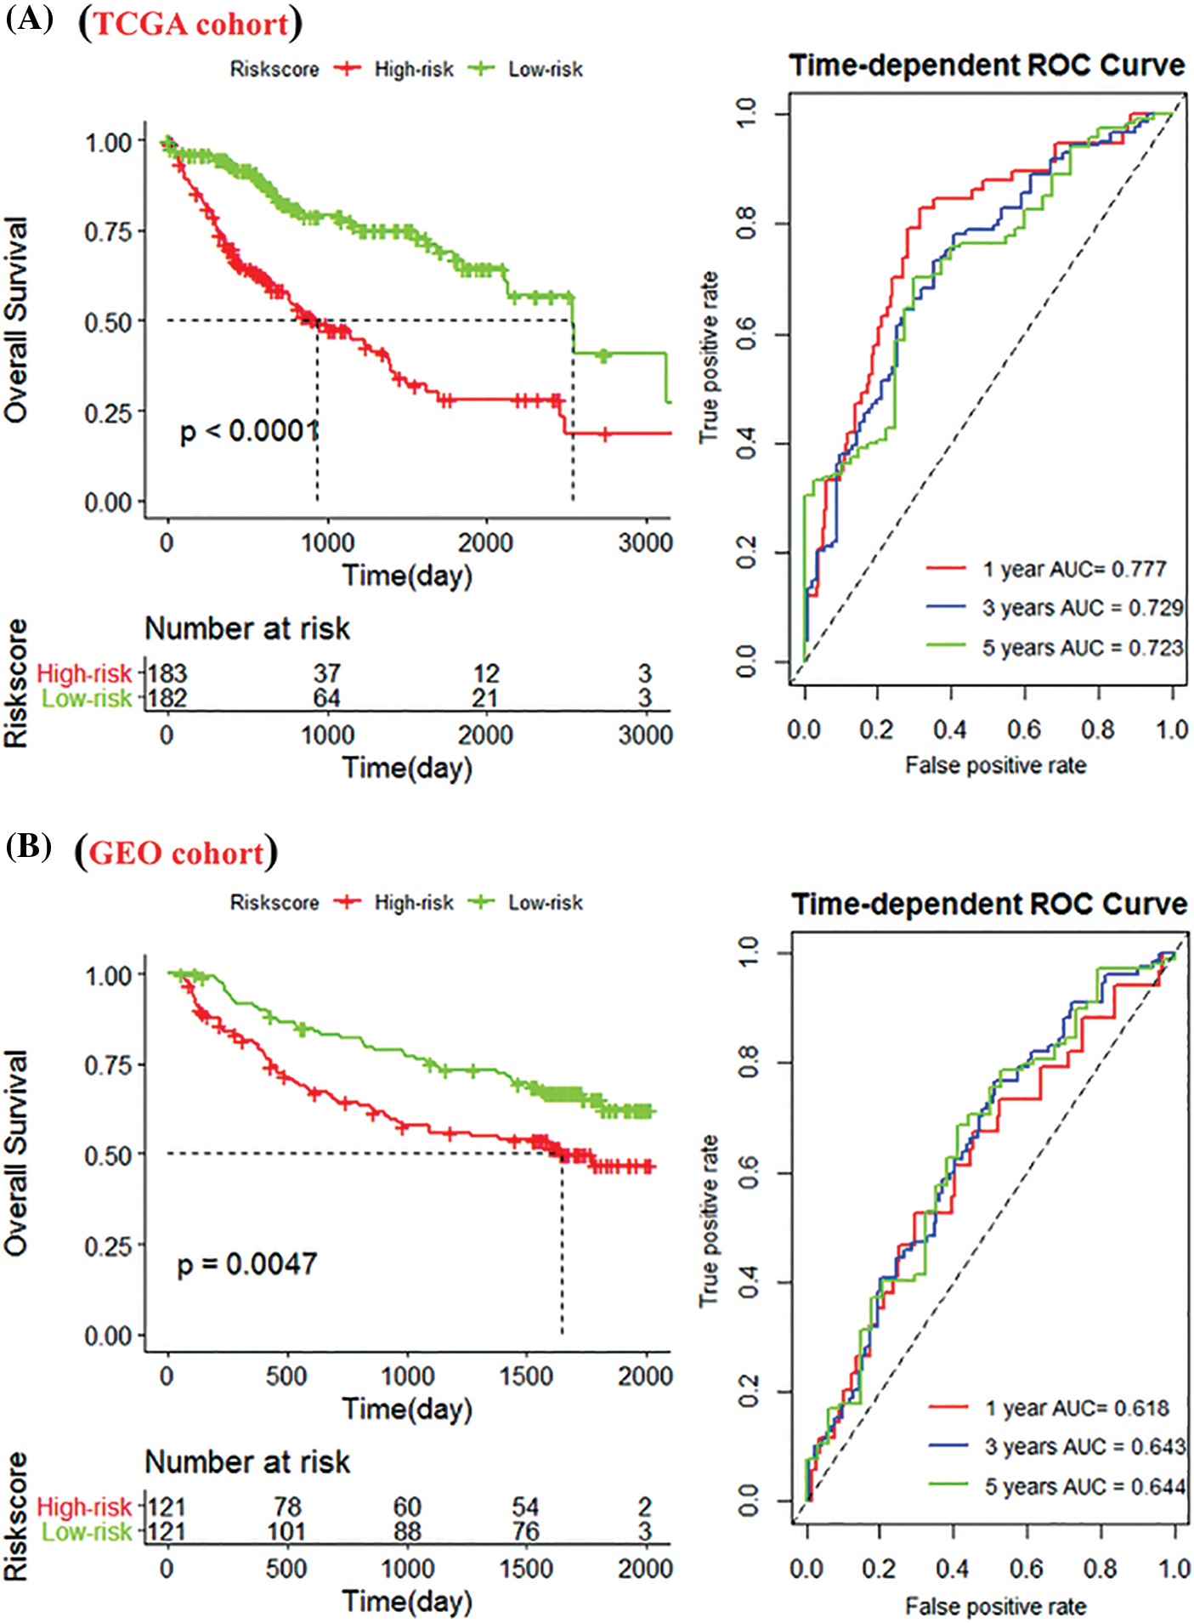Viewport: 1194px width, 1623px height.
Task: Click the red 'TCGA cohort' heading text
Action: (x=191, y=24)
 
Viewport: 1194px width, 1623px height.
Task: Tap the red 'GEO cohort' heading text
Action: (x=176, y=853)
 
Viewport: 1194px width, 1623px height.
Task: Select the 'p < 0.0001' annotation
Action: (x=249, y=431)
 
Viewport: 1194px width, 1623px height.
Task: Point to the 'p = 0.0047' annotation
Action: (x=246, y=1264)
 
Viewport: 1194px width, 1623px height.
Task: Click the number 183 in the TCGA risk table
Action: (x=167, y=673)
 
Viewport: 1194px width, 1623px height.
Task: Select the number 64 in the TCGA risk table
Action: (x=327, y=698)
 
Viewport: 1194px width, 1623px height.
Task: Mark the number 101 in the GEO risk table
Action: (x=286, y=1531)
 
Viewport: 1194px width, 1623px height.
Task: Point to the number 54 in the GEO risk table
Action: (x=525, y=1507)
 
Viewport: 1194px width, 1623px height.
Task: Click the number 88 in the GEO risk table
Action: (x=407, y=1531)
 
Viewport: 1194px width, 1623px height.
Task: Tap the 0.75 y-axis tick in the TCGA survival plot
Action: (x=108, y=231)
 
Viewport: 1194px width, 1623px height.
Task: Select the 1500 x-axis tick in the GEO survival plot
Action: (x=525, y=1376)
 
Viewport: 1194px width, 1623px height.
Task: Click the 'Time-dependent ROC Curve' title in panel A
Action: (x=987, y=65)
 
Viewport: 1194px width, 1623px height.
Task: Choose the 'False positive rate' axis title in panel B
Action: (x=995, y=1606)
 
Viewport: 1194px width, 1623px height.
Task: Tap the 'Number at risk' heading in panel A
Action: (x=246, y=628)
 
